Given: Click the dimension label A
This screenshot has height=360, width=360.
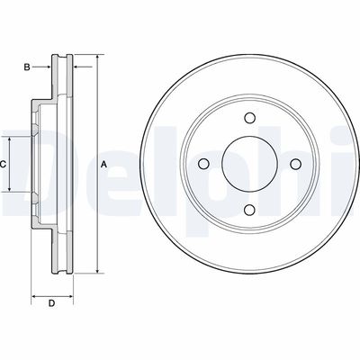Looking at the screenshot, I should click(x=103, y=164).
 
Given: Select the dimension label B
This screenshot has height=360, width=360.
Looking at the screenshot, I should click(x=26, y=67).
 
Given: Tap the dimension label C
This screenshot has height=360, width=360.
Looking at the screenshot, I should click(x=4, y=164).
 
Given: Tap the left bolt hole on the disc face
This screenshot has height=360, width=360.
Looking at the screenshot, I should click(x=203, y=164).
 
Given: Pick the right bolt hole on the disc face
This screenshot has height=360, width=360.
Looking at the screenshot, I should click(x=294, y=164).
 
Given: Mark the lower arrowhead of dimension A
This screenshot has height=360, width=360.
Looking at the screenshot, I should click(x=95, y=271).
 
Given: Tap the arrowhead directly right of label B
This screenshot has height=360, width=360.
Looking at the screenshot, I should click(x=49, y=67).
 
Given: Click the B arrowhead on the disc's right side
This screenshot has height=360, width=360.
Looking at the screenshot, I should click(x=76, y=67).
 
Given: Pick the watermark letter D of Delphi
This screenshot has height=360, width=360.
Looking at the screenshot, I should click(x=27, y=164).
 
